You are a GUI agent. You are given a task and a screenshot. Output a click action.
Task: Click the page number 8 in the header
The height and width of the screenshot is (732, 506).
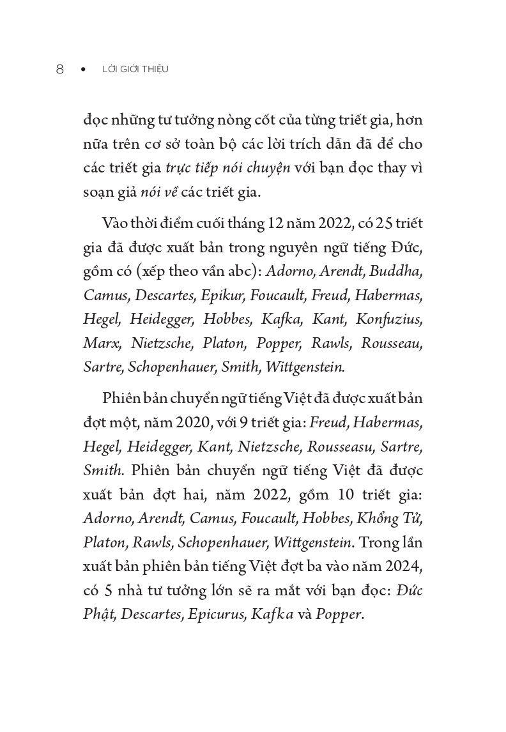tap(59, 70)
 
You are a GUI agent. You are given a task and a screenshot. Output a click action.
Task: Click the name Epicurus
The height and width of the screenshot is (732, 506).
tap(221, 615)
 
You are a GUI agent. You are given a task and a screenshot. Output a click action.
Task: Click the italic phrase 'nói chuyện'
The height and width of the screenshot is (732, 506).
tap(261, 168)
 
